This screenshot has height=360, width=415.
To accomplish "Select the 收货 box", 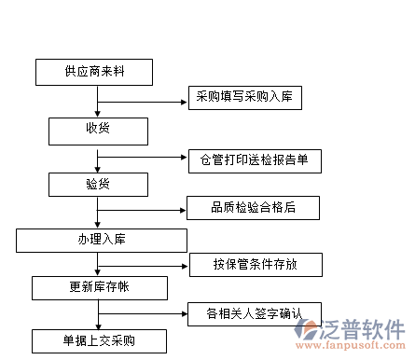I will tap(97, 129).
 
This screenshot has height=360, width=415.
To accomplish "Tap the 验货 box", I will tap(97, 184).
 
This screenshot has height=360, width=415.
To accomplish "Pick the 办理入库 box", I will tap(102, 241).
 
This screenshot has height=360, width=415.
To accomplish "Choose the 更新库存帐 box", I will tap(98, 286).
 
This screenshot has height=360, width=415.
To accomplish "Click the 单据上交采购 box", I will tap(98, 339).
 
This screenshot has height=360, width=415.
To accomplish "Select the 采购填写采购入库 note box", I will tap(244, 97).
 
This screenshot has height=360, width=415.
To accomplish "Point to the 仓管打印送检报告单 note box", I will tap(254, 160).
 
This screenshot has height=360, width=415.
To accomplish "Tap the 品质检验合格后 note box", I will tap(240, 207).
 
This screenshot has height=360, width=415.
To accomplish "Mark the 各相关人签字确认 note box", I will tap(253, 312).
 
